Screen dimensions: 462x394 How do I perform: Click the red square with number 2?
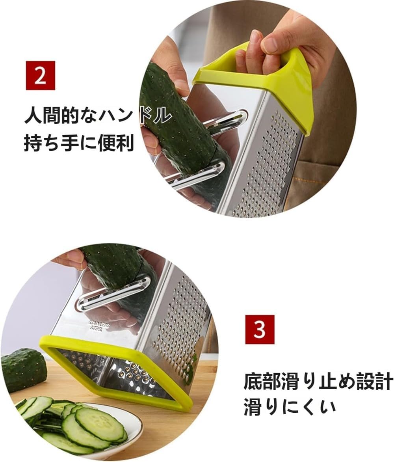(40, 75)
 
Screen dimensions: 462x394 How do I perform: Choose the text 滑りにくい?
(289, 407)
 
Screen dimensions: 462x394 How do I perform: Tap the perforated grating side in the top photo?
(268, 166)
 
